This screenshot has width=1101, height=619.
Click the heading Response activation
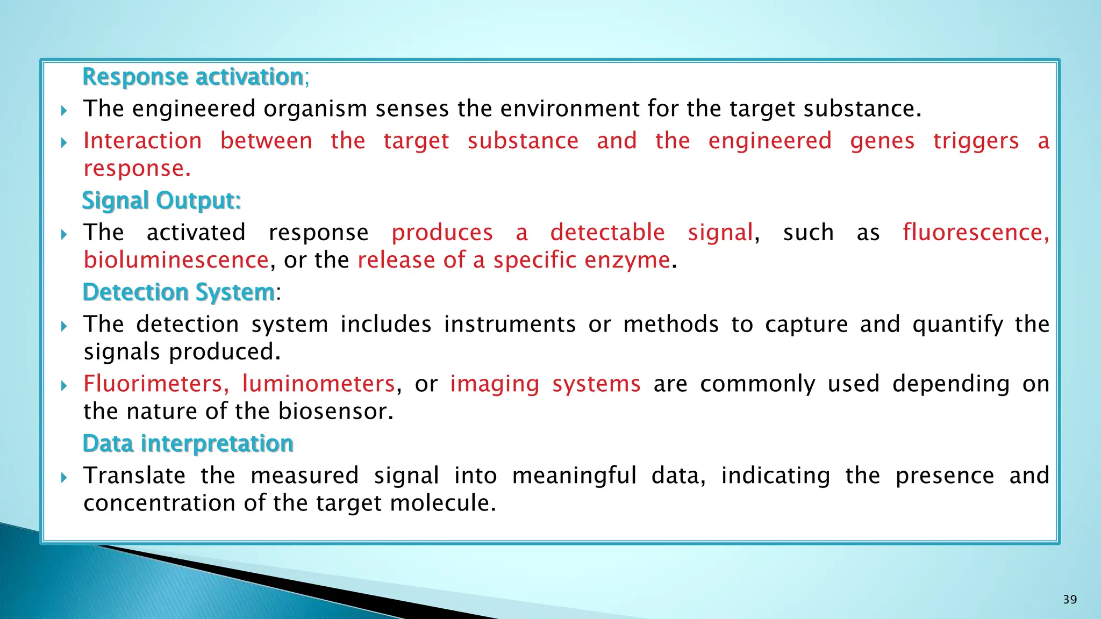(192, 77)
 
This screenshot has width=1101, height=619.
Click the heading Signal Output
(161, 200)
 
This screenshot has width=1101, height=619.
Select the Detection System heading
(178, 292)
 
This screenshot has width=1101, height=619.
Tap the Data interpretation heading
(188, 444)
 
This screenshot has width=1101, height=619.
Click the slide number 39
(1070, 600)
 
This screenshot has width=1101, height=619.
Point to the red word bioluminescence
(176, 261)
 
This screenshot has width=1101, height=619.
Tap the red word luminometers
(318, 384)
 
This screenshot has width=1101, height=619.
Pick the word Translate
(134, 476)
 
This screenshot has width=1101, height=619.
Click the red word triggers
(976, 141)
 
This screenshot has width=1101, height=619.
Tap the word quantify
(957, 325)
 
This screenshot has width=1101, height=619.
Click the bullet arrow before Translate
(64, 477)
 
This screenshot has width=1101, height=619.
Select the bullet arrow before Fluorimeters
(64, 385)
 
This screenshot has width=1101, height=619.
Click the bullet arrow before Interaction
(64, 142)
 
